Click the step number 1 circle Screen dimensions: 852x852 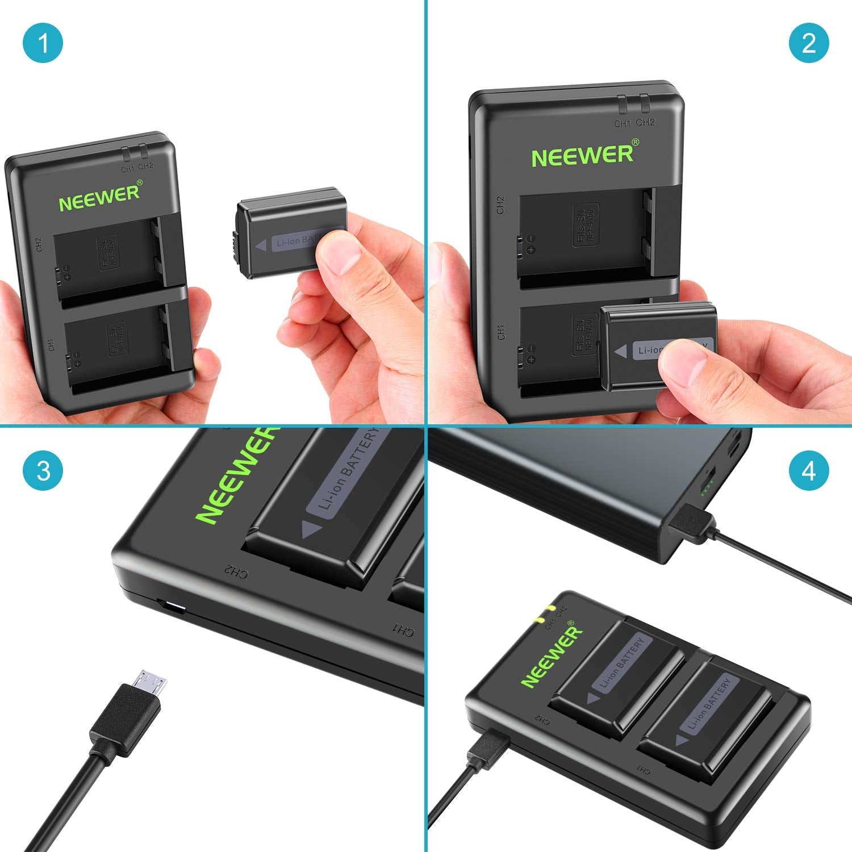point(43,43)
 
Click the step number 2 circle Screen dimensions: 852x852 point(809,43)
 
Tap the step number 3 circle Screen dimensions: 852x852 point(43,471)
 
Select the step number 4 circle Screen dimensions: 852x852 point(809,471)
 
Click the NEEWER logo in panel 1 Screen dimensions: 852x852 point(100,197)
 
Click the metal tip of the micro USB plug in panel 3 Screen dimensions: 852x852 point(151,682)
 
